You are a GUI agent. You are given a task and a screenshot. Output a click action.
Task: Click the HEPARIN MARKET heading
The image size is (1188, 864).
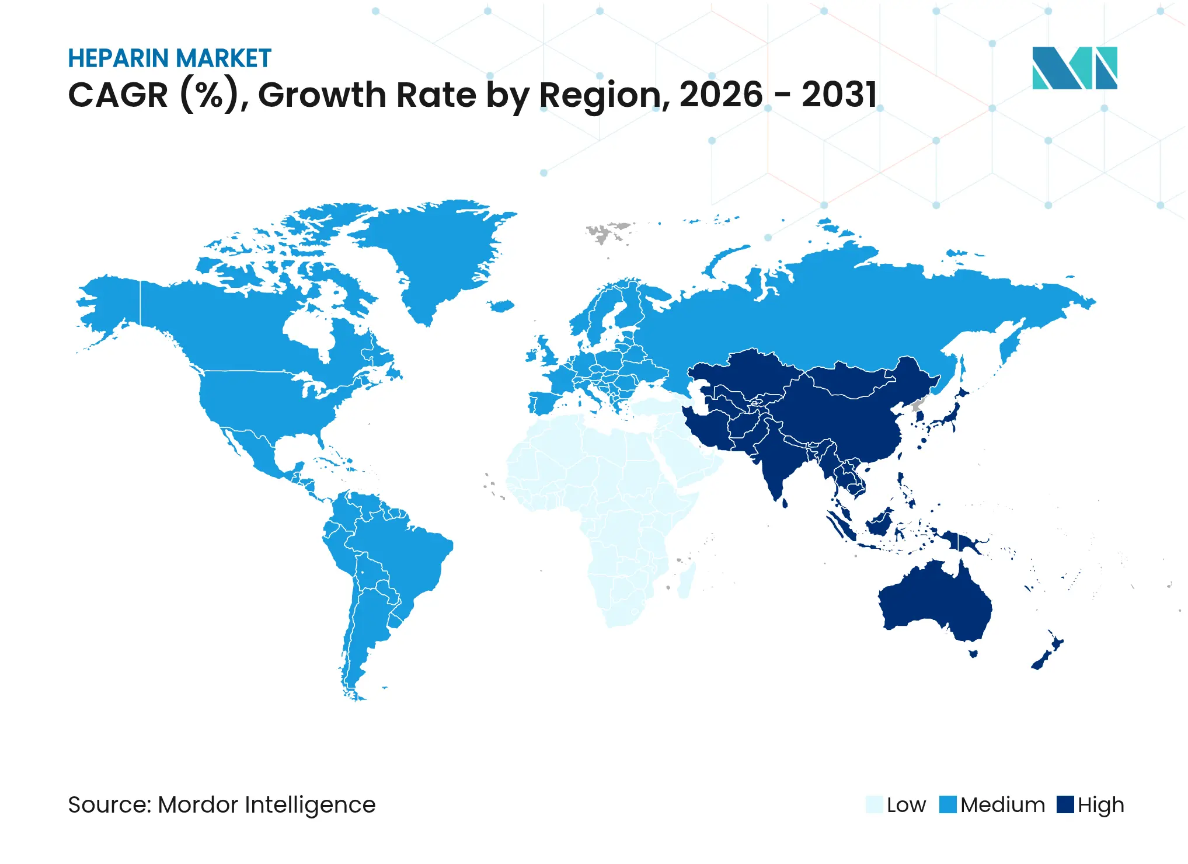tap(169, 58)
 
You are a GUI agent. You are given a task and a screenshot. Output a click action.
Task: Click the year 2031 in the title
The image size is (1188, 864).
tap(839, 95)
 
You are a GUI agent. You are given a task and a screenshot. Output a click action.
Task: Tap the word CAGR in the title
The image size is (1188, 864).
tap(118, 95)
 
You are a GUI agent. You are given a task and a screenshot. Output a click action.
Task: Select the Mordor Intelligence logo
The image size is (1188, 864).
tap(1074, 68)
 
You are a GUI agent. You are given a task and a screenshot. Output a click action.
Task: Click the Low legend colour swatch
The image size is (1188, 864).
tap(874, 804)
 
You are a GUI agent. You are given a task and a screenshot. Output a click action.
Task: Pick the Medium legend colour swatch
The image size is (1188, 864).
tap(947, 804)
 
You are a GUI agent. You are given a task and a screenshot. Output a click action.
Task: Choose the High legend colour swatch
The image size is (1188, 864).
tap(1065, 804)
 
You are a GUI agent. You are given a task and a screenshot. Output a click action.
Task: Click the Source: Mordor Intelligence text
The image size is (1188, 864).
tap(222, 804)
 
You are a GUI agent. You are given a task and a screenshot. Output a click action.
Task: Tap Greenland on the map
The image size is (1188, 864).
tap(438, 251)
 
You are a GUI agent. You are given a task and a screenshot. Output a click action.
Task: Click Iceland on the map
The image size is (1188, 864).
tap(501, 306)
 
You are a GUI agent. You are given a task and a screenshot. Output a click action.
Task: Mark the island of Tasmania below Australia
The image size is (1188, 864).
tap(973, 653)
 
